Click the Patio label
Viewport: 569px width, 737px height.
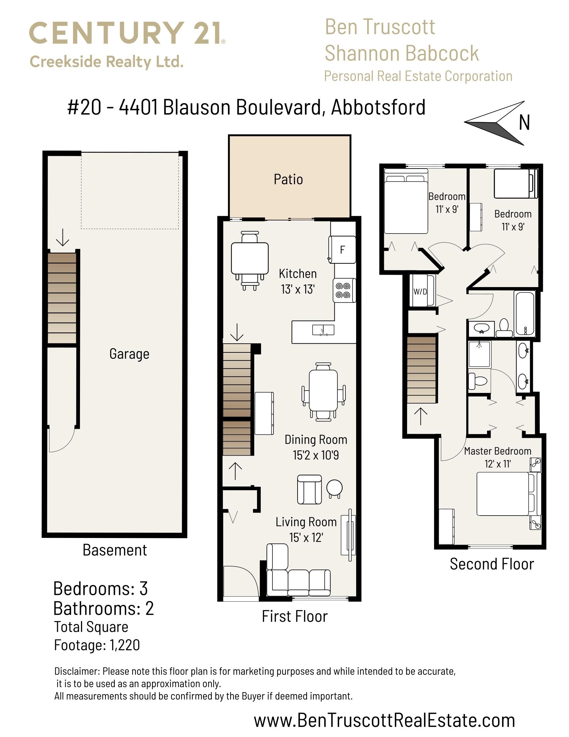coord(288,179)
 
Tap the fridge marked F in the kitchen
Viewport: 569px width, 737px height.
coord(342,249)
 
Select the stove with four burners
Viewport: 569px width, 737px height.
coord(344,290)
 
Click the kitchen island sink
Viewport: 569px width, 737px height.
coord(323,330)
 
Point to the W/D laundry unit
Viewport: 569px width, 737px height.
coord(420,291)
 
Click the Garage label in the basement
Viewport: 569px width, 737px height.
coord(129,354)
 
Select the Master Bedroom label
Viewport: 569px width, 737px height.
coord(497,451)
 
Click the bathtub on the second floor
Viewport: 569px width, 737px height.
coord(524,314)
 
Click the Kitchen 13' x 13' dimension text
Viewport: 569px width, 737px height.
coord(298,289)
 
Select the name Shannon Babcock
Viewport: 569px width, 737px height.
coord(401,53)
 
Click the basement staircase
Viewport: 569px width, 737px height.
coord(62,298)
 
